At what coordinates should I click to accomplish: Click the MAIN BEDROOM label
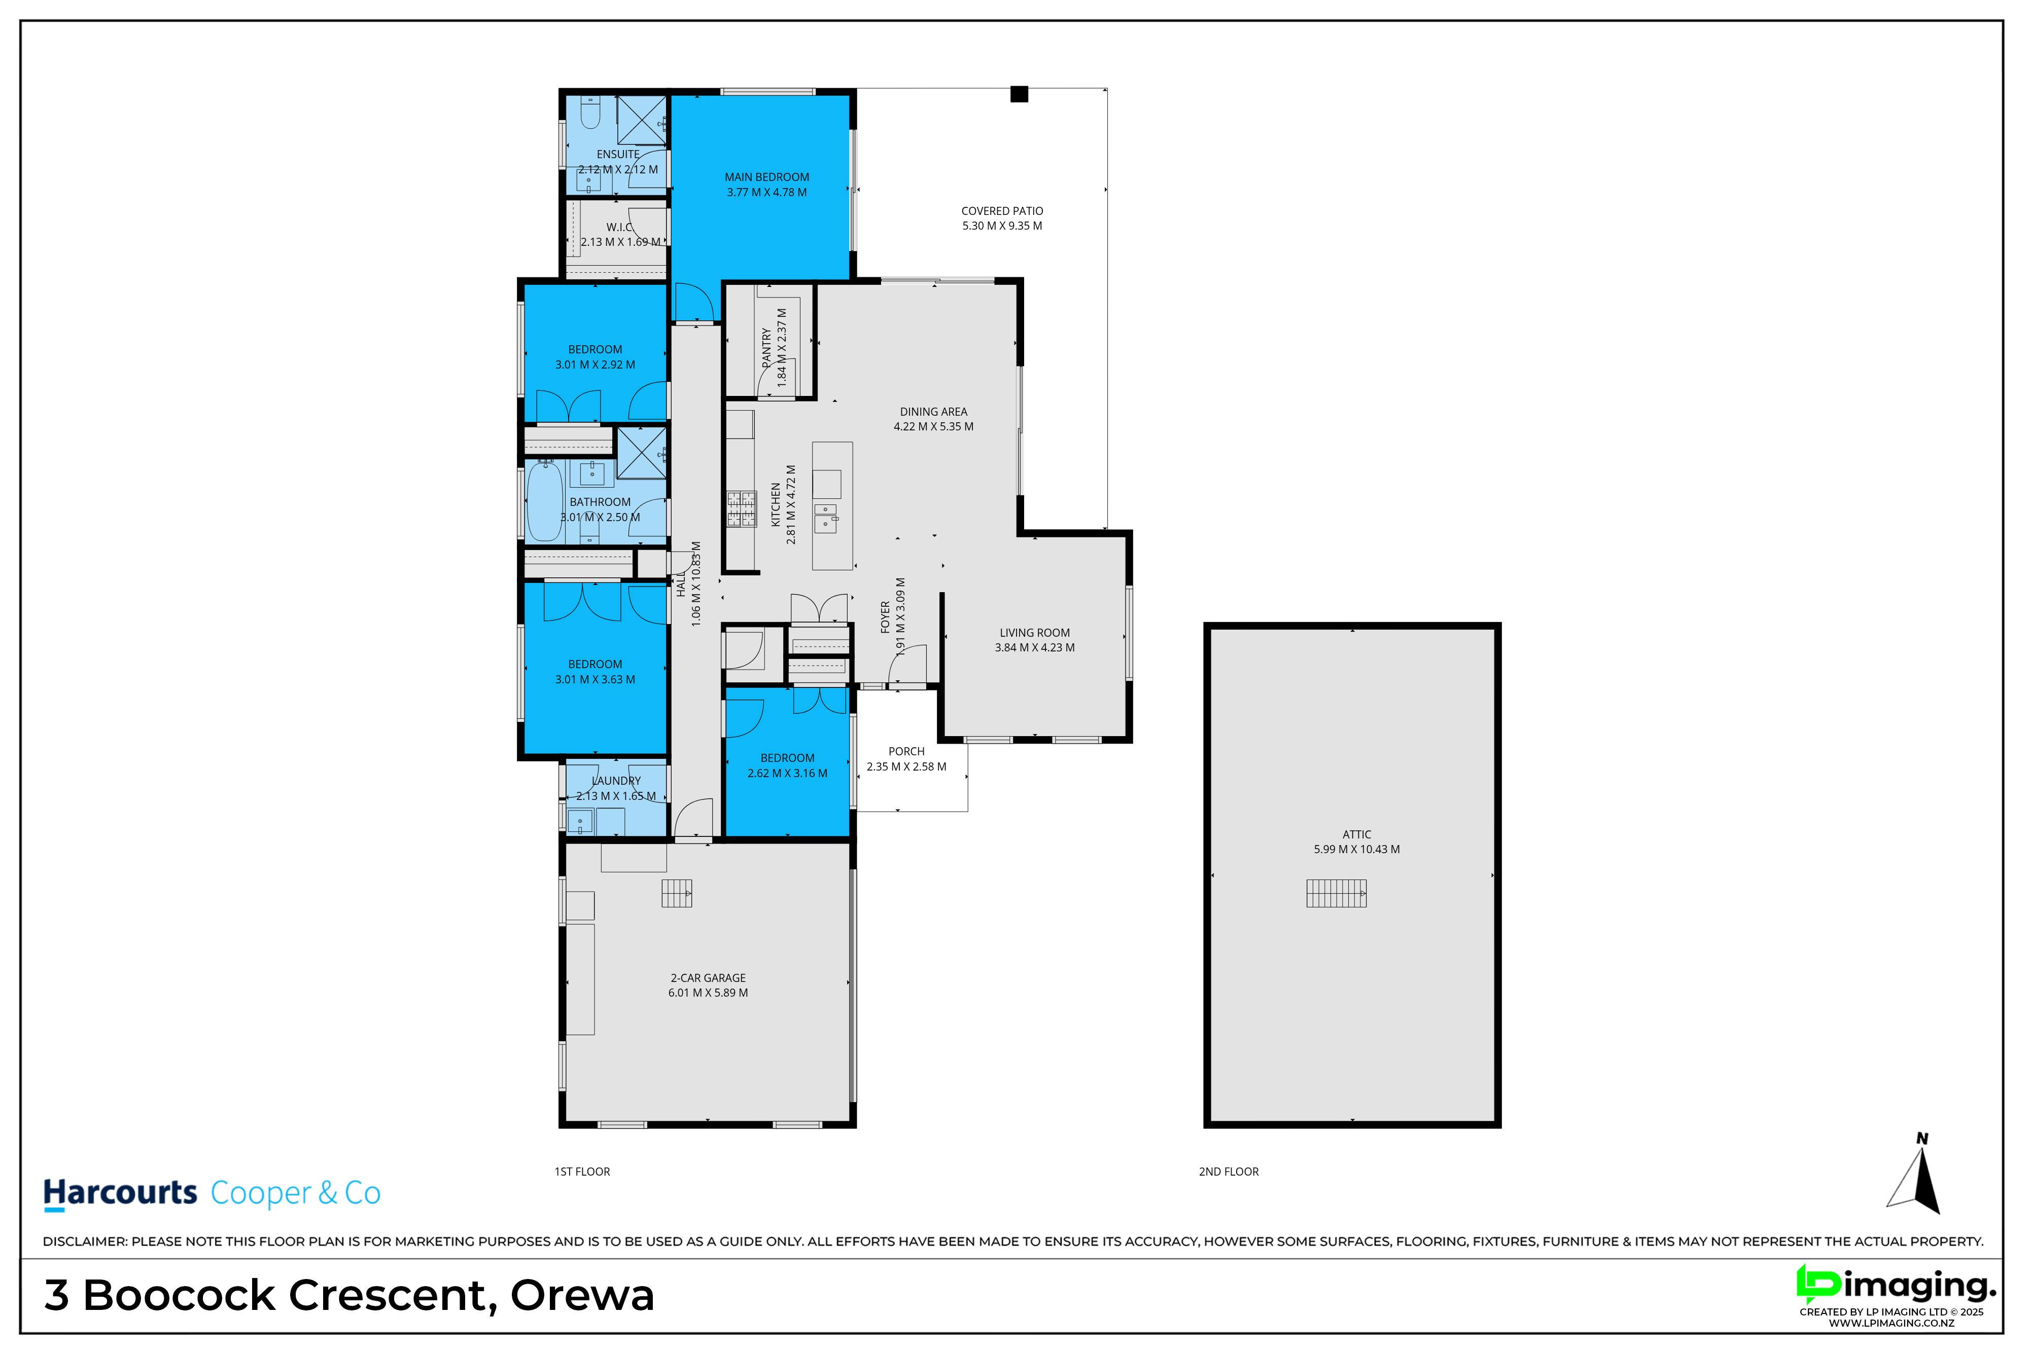click(x=767, y=177)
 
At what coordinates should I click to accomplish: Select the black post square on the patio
click(x=1019, y=94)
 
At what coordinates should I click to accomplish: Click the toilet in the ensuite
click(x=590, y=113)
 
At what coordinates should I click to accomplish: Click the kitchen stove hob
click(x=741, y=509)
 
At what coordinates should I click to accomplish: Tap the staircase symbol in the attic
click(x=1336, y=893)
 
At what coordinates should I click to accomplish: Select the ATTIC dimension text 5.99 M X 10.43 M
click(x=1357, y=849)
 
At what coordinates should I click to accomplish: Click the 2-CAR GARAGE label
click(x=708, y=978)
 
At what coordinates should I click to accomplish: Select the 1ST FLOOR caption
click(x=582, y=1172)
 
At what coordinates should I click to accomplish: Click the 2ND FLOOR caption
click(x=1229, y=1172)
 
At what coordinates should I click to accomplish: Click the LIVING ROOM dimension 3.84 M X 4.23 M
click(x=1035, y=647)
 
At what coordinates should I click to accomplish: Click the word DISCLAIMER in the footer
click(x=85, y=1241)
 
